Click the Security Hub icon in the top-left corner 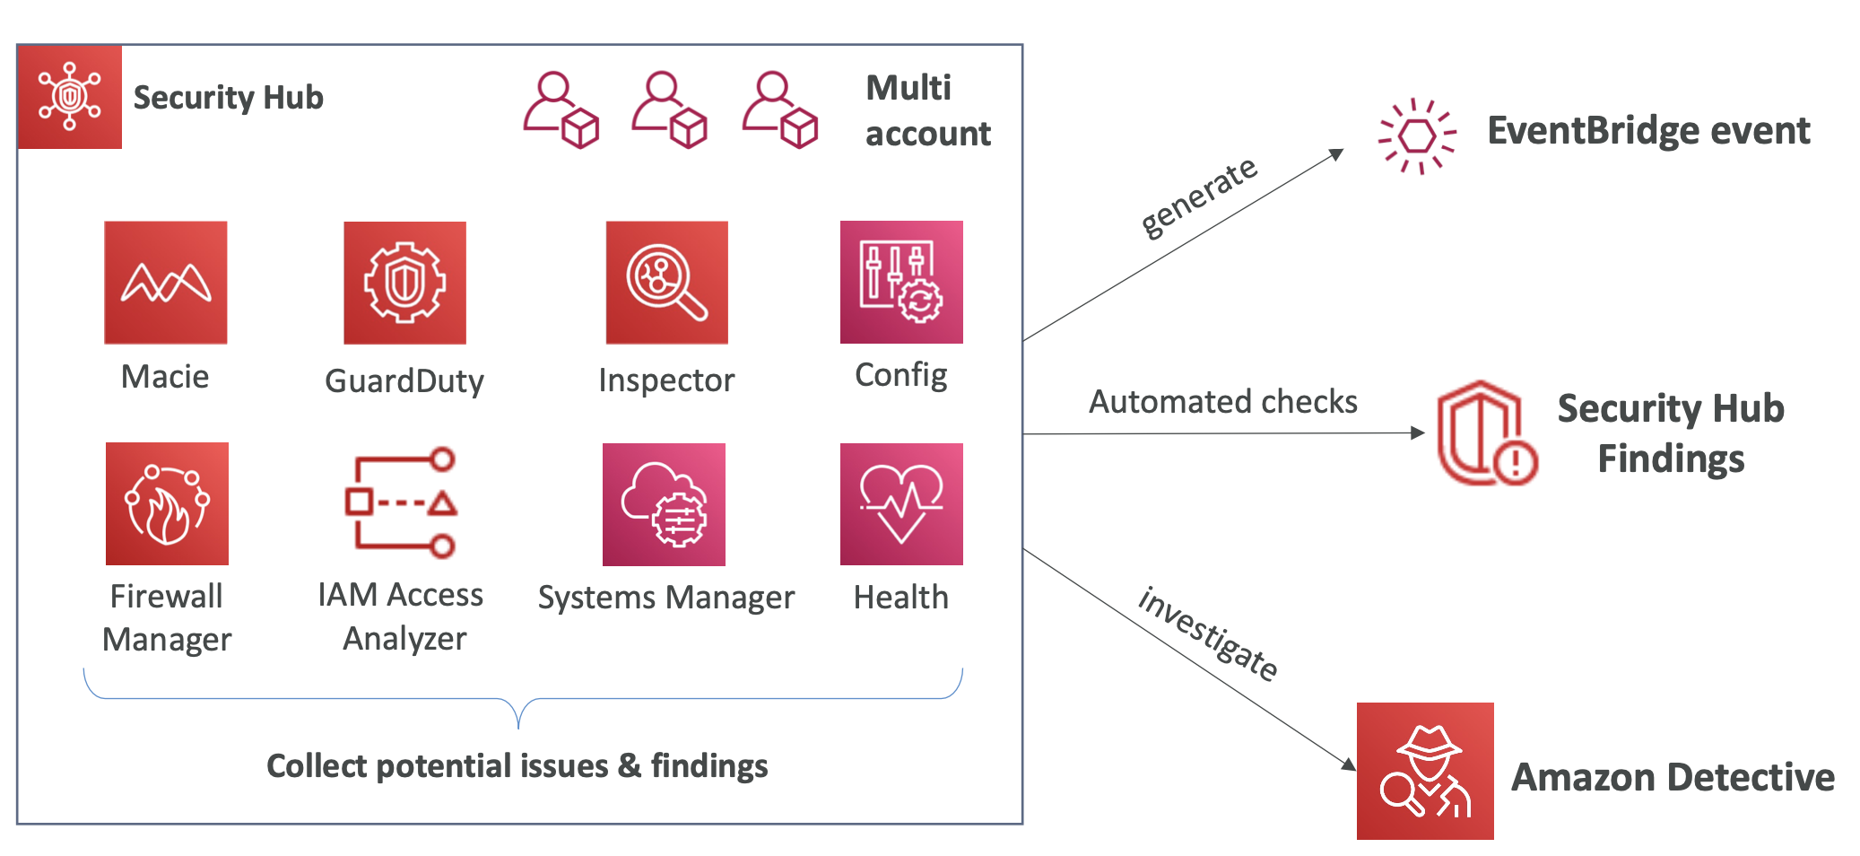click(x=70, y=97)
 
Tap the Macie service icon click(x=166, y=283)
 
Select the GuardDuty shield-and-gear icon click(x=404, y=283)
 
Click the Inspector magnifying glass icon click(x=666, y=283)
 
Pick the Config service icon click(x=901, y=283)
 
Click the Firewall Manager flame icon click(x=167, y=503)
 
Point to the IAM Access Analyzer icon click(x=401, y=503)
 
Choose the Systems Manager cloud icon click(x=664, y=504)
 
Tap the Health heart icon click(x=901, y=504)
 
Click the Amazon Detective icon click(x=1425, y=771)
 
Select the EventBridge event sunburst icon click(x=1417, y=136)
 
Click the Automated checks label click(x=1222, y=401)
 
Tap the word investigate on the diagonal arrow click(x=1207, y=634)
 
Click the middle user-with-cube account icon click(x=669, y=109)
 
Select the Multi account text click(x=927, y=110)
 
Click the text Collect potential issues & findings click(x=517, y=765)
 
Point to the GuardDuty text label click(x=404, y=380)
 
